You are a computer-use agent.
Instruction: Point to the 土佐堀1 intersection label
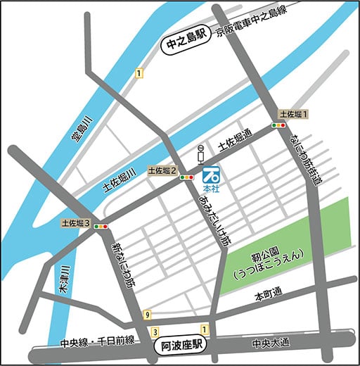(x=293, y=113)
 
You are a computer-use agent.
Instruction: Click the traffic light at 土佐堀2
(x=186, y=178)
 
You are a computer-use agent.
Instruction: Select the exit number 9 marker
(x=146, y=314)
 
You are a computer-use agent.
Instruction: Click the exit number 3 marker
(x=154, y=331)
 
